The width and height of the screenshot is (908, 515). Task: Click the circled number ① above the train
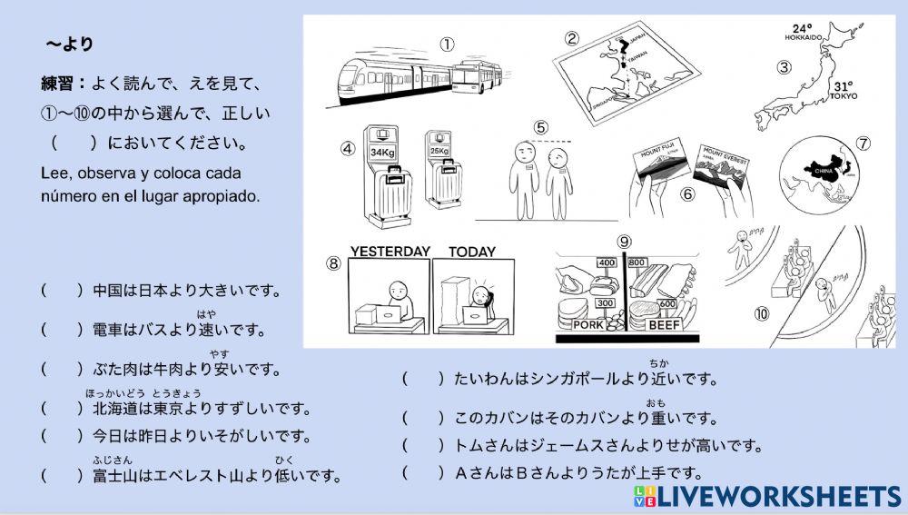point(447,44)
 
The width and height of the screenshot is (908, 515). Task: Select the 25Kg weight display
point(439,151)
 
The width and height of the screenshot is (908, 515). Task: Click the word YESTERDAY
point(390,252)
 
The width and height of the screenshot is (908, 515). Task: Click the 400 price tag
point(607,262)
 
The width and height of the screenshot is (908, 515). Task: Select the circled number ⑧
point(334,263)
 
